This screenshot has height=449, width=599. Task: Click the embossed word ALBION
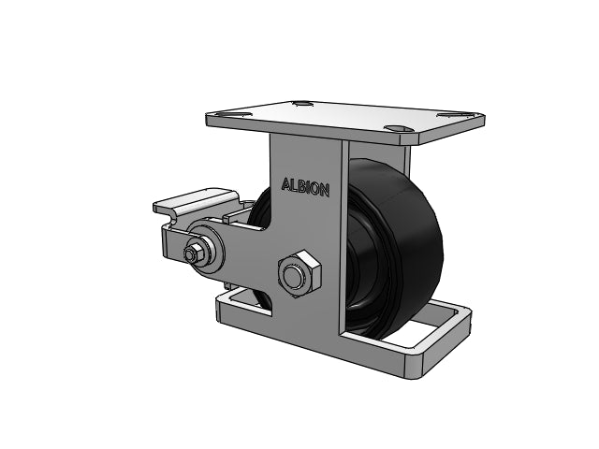point(305,187)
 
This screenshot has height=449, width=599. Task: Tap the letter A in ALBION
point(285,184)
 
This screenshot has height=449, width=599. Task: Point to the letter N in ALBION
point(324,190)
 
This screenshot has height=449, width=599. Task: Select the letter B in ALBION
point(301,186)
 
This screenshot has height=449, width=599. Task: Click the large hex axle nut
point(299,273)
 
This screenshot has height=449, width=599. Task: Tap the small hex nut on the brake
point(192,253)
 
